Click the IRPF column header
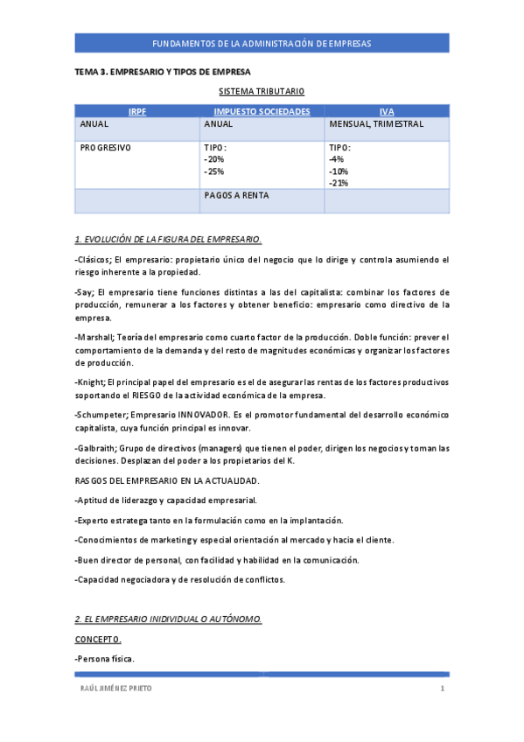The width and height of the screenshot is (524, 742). point(137,112)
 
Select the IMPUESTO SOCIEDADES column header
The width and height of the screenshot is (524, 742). point(262,112)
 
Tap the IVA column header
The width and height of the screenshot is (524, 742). point(387,112)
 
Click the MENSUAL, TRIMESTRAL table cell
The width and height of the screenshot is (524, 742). point(376,124)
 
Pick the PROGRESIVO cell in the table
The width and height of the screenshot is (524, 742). point(106,148)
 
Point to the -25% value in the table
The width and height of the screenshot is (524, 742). point(214,171)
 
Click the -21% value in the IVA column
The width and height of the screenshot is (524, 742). point(339,184)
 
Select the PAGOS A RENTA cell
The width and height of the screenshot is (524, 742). point(236,196)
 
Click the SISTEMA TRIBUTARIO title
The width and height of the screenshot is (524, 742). point(262,91)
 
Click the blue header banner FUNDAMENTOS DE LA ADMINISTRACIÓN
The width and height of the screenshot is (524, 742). point(262,43)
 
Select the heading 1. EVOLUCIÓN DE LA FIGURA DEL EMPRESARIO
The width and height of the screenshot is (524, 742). point(168,239)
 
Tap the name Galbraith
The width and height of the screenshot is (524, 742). point(93,448)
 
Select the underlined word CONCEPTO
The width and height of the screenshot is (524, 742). point(98,639)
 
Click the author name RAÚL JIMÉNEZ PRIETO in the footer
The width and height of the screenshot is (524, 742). point(115,689)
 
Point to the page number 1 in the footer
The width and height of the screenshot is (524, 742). point(443,689)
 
